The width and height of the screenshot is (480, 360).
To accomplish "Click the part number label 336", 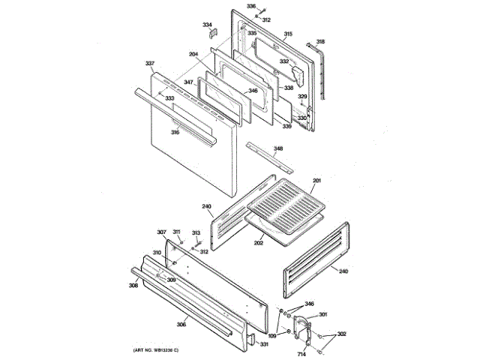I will (251, 6).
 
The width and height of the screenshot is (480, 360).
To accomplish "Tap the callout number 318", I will (320, 42).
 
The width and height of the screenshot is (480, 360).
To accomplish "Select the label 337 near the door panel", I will (150, 63).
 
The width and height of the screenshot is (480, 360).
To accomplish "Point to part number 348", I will (278, 149).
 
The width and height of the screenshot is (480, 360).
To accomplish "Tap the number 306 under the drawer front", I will (181, 324).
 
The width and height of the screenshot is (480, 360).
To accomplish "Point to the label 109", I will (273, 335).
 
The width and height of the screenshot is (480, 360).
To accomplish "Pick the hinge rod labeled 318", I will (324, 71).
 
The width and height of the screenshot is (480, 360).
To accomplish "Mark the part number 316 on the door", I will (175, 133).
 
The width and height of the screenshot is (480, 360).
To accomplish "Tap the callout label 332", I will (284, 61).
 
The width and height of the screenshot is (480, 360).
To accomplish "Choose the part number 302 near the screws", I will (341, 334).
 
